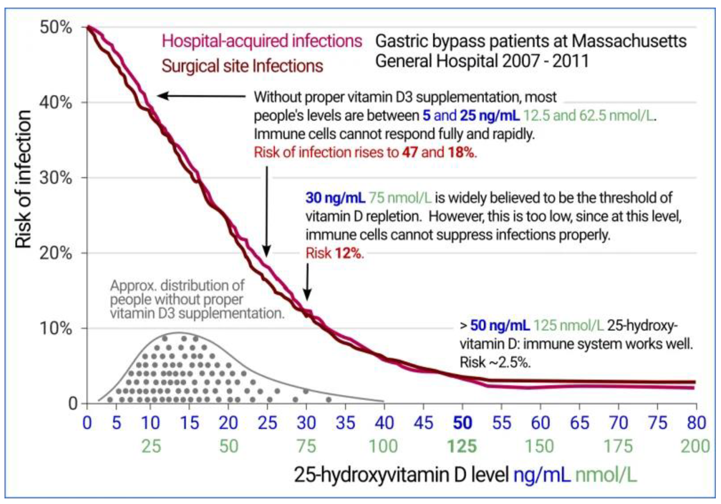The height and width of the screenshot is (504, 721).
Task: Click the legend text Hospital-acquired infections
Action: click(x=262, y=41)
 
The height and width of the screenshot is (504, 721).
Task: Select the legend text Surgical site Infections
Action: click(x=242, y=66)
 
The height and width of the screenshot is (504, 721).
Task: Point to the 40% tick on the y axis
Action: click(x=55, y=103)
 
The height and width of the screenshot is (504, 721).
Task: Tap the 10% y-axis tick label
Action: click(x=55, y=328)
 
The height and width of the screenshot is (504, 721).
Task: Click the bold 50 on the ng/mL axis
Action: click(x=462, y=423)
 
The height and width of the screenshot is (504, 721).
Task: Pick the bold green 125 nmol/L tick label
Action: click(x=462, y=446)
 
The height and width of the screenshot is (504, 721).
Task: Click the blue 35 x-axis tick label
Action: click(x=345, y=423)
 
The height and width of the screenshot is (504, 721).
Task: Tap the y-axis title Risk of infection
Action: click(x=24, y=179)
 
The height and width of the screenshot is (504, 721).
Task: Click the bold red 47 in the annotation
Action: click(x=410, y=153)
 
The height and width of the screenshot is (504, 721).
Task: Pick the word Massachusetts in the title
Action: click(x=629, y=41)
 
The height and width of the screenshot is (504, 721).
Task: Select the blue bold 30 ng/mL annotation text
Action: click(x=335, y=198)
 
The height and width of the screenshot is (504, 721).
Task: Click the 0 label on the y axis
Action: click(x=73, y=404)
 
